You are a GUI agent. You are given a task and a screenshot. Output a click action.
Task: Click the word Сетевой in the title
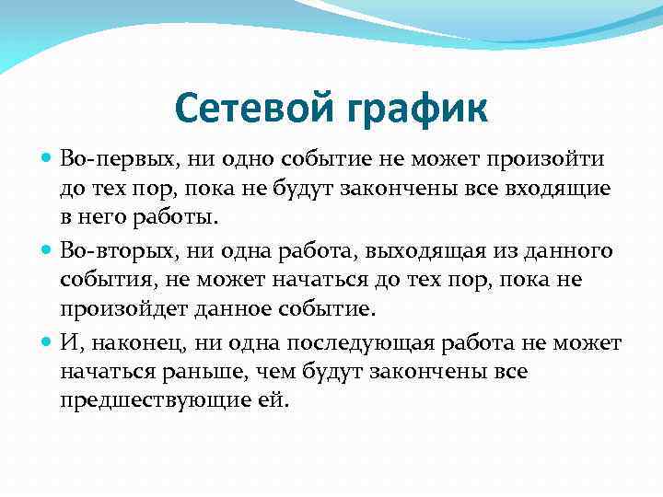point(254,110)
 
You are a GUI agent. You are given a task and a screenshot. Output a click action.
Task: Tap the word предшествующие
point(155,400)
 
